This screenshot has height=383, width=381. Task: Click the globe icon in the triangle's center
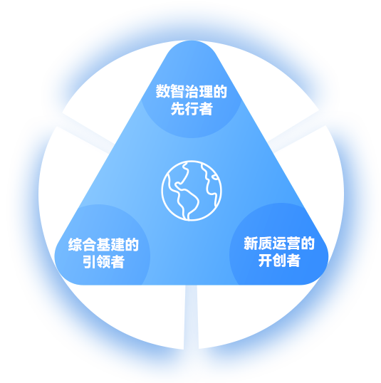[x=192, y=191]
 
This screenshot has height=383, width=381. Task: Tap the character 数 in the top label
[x=163, y=91]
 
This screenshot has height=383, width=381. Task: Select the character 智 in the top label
[x=177, y=91]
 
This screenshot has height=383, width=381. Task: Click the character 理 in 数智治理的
[x=206, y=91]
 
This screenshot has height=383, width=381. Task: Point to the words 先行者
[x=192, y=108]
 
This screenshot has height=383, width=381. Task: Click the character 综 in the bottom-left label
[x=75, y=244]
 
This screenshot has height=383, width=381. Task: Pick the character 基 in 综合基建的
[x=103, y=244]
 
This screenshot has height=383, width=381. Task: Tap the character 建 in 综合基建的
[x=118, y=244]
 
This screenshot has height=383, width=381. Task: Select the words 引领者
[x=103, y=261]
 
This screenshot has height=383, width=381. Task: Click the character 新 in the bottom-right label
[x=251, y=243]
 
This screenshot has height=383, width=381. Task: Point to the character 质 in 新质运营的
[x=265, y=243]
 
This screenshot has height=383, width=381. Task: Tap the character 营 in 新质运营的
[x=293, y=243]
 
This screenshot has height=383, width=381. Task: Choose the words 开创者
[x=279, y=261]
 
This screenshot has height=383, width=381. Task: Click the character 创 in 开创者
[x=279, y=261]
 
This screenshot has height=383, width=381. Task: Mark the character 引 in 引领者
[x=90, y=261]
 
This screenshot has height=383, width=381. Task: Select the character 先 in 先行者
[x=177, y=108]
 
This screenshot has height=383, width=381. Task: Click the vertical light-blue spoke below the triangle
[x=191, y=317]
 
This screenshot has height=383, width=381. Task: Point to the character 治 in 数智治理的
[x=192, y=91]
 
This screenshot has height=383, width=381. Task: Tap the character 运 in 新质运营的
[x=279, y=243]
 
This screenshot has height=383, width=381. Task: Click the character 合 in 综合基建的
[x=89, y=244]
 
